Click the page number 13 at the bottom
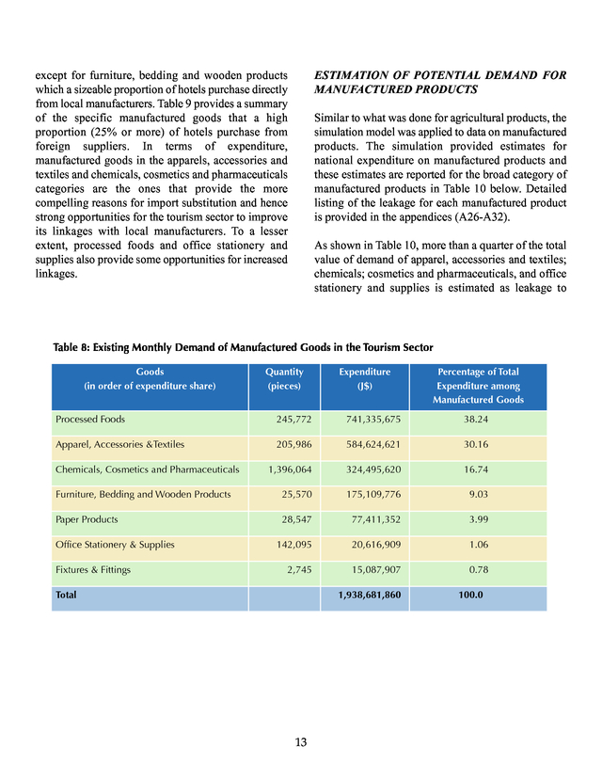(301, 742)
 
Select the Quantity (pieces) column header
(284, 378)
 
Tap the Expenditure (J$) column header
(364, 378)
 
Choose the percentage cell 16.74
(478, 469)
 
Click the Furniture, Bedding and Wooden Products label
(143, 494)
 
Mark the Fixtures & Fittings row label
(93, 569)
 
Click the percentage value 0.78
(478, 569)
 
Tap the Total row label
(67, 596)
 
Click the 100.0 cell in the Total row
(470, 596)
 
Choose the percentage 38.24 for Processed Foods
(478, 419)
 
